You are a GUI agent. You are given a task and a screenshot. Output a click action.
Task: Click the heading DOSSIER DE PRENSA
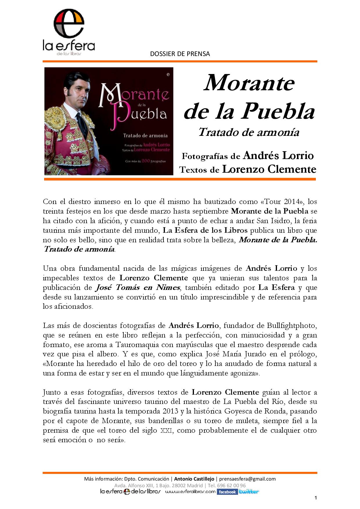[x=180, y=54]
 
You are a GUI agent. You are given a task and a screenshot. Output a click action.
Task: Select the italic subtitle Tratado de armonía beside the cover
[x=249, y=132]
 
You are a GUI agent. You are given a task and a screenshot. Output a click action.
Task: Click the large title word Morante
[x=249, y=83]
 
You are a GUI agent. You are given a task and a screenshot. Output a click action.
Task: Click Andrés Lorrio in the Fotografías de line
[x=278, y=156]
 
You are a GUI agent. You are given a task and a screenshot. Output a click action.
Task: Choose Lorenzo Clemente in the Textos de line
[x=269, y=169]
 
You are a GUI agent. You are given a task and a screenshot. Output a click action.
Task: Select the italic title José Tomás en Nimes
[x=138, y=288]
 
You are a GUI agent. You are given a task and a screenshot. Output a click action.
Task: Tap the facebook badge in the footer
[x=227, y=492]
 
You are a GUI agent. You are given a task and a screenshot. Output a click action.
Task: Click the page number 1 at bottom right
[x=315, y=498]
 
